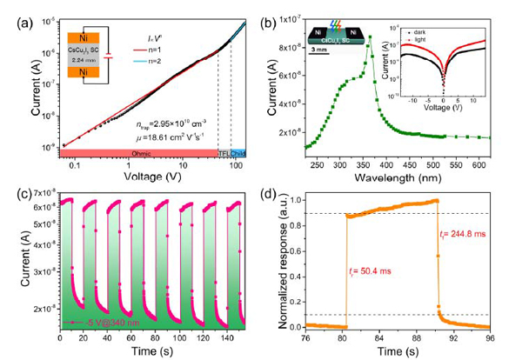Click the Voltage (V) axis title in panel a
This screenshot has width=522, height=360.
[x=141, y=174]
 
